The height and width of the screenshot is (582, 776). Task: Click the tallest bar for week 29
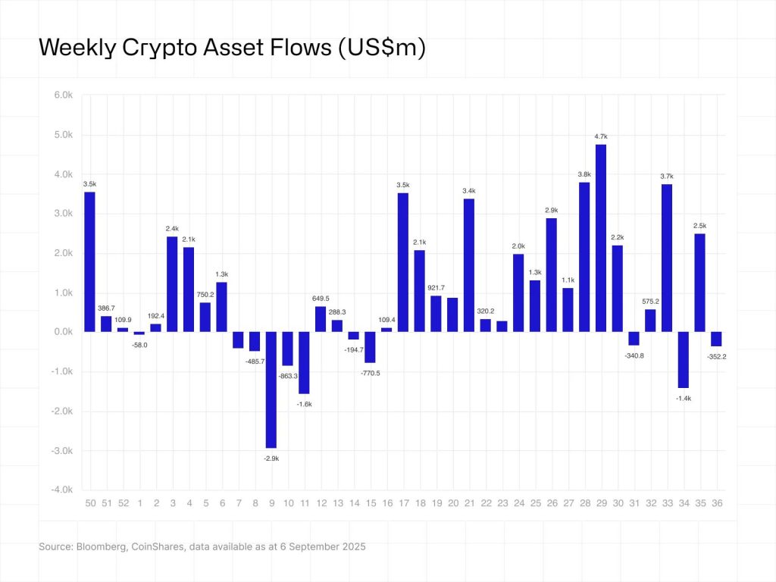[601, 238]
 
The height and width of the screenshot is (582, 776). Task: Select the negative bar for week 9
[271, 390]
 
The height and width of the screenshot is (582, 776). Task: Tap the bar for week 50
[89, 261]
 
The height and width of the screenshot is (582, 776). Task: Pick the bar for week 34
[684, 359]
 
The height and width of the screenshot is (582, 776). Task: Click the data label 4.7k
[601, 136]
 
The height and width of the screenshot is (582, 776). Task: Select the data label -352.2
[716, 357]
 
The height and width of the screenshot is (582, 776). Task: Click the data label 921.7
[436, 287]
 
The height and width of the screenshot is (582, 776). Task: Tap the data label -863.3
[288, 376]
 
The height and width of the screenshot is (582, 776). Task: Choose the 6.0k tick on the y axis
[62, 95]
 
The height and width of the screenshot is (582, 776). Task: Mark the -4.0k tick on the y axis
[61, 490]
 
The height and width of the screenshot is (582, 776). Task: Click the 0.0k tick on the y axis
[62, 332]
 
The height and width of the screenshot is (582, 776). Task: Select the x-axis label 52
[123, 503]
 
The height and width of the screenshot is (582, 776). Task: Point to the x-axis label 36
[716, 503]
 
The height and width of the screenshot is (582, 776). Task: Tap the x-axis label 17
[403, 503]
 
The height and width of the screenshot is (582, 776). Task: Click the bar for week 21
[469, 265]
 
